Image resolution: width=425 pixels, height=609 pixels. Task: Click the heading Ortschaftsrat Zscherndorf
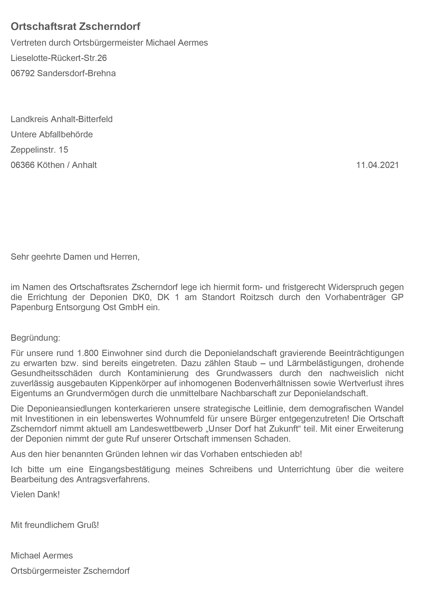click(76, 27)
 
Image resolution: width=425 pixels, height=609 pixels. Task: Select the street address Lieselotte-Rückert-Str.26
click(59, 58)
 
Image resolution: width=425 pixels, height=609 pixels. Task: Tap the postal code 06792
click(23, 73)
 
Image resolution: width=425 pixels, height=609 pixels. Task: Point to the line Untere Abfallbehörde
click(52, 134)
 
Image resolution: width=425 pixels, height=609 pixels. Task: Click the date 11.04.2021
click(377, 165)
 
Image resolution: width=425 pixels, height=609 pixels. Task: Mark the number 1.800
click(88, 353)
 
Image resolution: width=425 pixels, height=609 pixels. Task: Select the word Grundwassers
click(244, 373)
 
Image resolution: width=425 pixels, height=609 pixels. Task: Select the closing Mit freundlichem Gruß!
click(55, 525)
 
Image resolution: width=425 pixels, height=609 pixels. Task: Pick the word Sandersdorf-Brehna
click(76, 73)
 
